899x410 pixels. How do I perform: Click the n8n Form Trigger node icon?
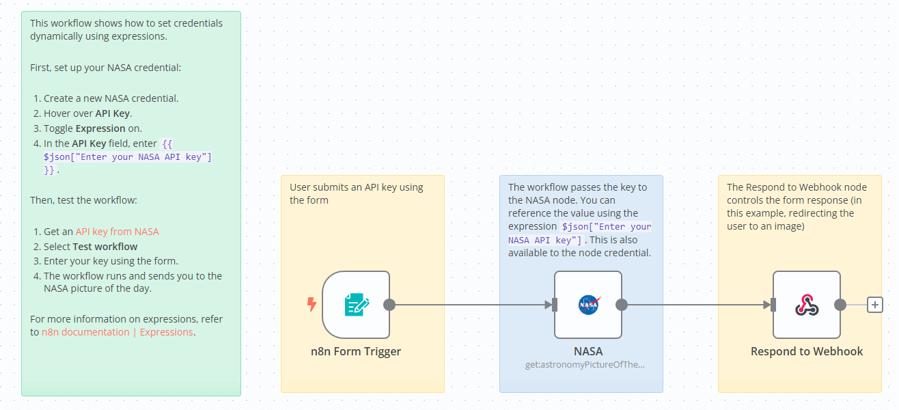point(356,305)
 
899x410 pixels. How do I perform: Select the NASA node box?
point(587,305)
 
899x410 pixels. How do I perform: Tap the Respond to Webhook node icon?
point(806,305)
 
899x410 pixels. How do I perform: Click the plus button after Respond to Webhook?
point(875,305)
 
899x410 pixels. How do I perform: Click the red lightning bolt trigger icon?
point(312,305)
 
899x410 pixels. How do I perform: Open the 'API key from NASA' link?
point(117,232)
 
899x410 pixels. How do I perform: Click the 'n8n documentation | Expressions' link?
point(117,332)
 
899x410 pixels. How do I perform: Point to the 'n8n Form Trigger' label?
point(356,352)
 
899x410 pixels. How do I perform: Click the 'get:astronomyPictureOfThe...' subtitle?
point(585,364)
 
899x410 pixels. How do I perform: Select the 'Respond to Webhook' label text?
point(807,352)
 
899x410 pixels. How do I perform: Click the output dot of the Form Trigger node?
point(389,305)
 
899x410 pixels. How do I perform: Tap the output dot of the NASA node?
point(622,305)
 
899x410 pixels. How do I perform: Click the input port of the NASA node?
point(555,305)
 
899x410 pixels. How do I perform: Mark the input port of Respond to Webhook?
point(773,305)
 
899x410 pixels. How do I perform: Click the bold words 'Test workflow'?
point(105,247)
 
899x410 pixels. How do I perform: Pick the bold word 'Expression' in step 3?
point(100,128)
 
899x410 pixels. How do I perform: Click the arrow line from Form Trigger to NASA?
point(471,305)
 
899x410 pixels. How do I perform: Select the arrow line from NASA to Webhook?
point(697,305)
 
